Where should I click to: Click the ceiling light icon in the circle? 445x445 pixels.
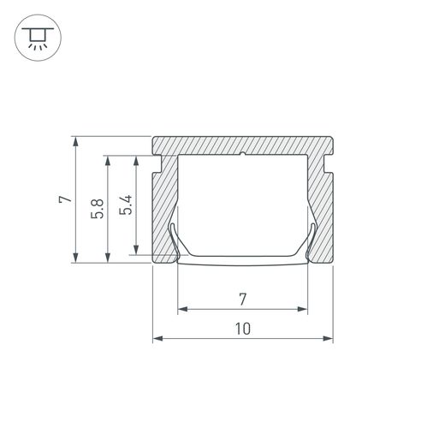36,37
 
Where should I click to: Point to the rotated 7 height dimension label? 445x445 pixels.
63,199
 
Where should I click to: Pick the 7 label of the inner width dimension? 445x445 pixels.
242,299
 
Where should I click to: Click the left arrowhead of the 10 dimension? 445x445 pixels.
157,339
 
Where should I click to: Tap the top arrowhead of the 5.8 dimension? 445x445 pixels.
107,159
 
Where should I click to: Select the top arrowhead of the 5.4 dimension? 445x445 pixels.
135,159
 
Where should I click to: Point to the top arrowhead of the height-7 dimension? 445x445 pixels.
77,139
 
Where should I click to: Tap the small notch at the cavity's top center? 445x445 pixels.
243,156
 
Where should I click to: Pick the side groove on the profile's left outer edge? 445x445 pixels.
156,163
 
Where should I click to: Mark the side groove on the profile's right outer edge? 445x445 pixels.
330,163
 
